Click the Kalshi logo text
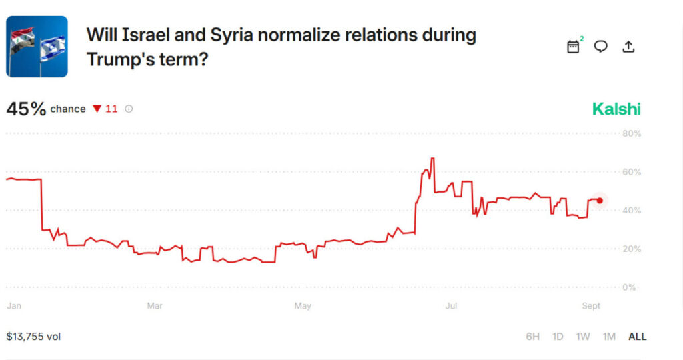616,109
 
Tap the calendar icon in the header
573,47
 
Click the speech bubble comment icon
601,47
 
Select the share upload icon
628,47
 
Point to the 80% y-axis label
632,133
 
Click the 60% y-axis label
632,172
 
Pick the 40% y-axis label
632,211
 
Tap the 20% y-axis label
632,249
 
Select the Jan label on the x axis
14,306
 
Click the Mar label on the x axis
155,306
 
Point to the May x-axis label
303,306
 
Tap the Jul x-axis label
451,306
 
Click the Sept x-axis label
591,306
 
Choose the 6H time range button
532,337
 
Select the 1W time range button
583,337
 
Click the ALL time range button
637,337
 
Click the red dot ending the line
600,201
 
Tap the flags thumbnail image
37,47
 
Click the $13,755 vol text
33,337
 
